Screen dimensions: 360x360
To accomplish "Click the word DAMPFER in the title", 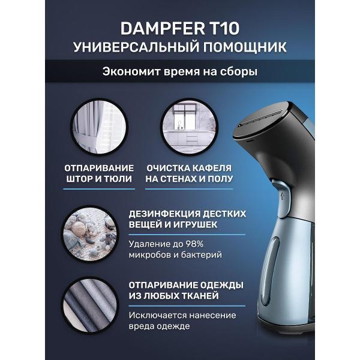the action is pyautogui.click(x=163, y=28).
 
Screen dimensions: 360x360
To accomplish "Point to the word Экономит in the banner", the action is pyautogui.click(x=131, y=71).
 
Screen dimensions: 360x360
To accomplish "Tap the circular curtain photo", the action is pyautogui.click(x=99, y=127).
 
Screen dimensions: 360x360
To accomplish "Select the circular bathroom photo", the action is pyautogui.click(x=189, y=127).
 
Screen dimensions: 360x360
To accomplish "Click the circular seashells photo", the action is pyautogui.click(x=90, y=234).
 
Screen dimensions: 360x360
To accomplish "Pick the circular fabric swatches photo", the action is pyautogui.click(x=90, y=305).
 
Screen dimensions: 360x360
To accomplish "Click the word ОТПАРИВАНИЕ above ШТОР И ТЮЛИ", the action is pyautogui.click(x=99, y=168).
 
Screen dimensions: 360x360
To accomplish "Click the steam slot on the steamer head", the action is pyautogui.click(x=260, y=118).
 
